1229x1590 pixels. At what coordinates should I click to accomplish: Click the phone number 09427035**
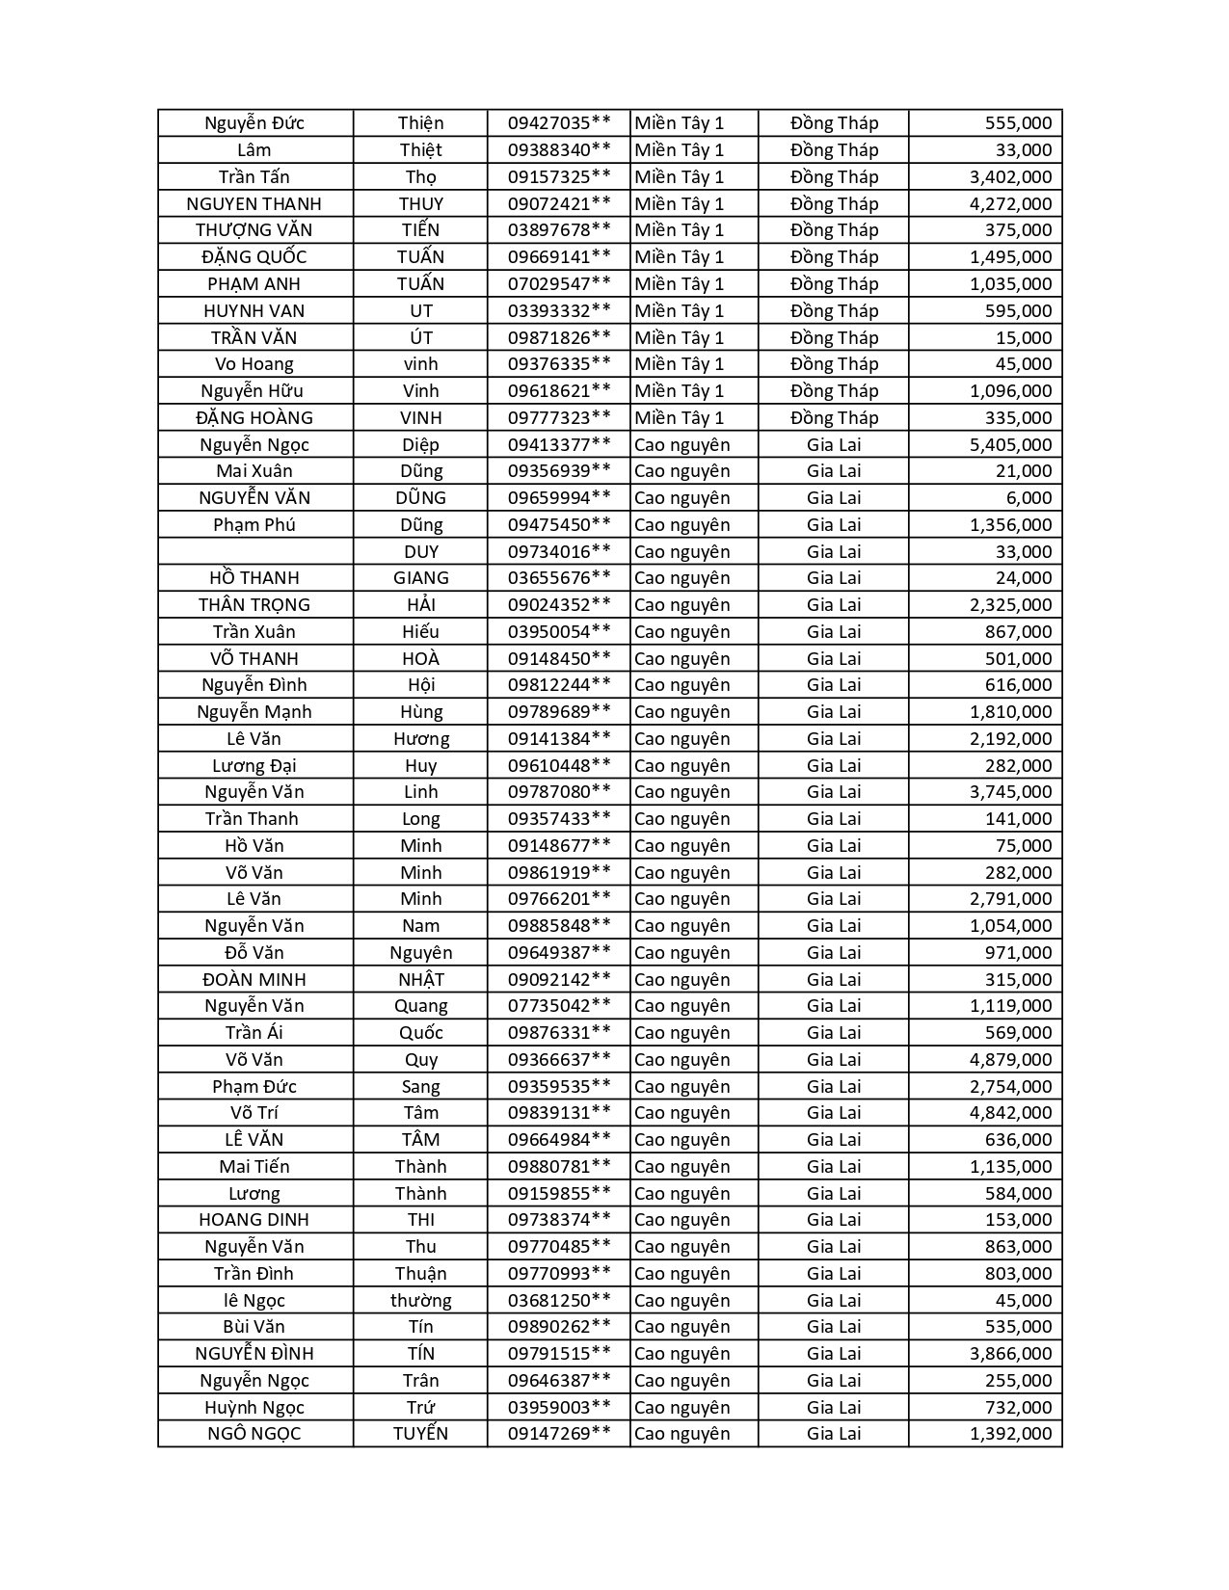tap(559, 123)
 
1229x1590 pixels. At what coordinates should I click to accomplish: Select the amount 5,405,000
tap(1010, 445)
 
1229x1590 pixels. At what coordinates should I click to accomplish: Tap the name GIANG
tap(421, 578)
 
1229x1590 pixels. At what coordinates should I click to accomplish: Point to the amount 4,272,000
tap(1010, 204)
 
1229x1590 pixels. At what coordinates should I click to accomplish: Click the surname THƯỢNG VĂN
tap(254, 230)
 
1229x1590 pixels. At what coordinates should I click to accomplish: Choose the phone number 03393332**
tap(559, 311)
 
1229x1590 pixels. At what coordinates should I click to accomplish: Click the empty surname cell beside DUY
tap(255, 552)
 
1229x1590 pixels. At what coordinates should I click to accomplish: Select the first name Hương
tap(421, 739)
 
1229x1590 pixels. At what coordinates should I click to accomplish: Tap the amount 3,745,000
tap(1010, 792)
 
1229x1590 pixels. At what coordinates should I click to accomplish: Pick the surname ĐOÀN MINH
tap(254, 980)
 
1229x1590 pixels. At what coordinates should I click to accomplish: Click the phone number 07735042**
tap(559, 1006)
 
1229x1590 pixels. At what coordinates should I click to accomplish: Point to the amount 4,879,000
tap(1010, 1060)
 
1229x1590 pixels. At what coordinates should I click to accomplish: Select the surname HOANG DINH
tap(254, 1220)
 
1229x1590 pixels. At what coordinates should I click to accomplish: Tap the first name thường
tap(421, 1301)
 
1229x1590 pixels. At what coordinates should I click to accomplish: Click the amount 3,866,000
tap(1010, 1354)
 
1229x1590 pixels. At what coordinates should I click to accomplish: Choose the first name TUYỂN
tap(421, 1434)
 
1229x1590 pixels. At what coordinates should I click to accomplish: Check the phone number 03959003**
tap(559, 1408)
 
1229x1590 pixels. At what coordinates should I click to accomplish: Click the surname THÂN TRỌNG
tap(254, 605)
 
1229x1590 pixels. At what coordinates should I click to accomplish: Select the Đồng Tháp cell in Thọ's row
tap(834, 177)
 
